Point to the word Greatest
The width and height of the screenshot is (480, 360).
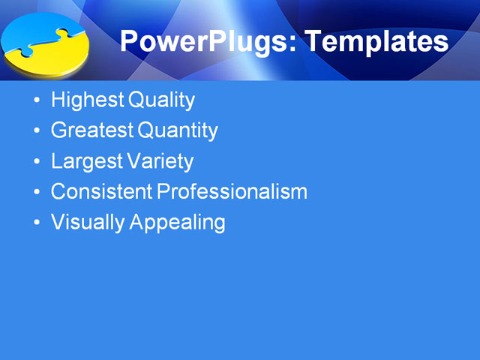(91, 130)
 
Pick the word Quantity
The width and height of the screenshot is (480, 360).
(178, 130)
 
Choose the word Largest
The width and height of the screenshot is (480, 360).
(86, 161)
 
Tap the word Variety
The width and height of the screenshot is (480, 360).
(160, 161)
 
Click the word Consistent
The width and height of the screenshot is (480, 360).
(101, 191)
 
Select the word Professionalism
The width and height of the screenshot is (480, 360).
(232, 191)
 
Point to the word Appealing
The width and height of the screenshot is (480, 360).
(178, 222)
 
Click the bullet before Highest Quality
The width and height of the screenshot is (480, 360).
(37, 100)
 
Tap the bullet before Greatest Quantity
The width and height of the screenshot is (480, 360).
(37, 131)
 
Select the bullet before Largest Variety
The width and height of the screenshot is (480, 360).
(37, 162)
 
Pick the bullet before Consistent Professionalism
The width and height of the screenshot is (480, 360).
(37, 192)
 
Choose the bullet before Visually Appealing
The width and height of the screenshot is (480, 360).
(37, 223)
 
